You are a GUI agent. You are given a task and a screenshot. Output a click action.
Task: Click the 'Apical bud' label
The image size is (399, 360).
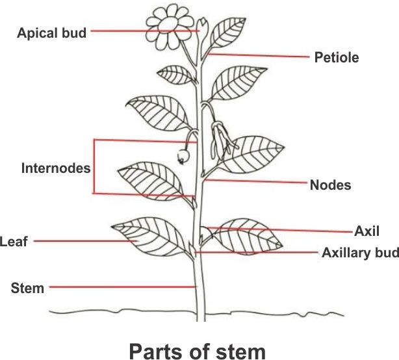click(51, 32)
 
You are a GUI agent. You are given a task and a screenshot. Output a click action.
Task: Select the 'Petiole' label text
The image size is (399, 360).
click(337, 57)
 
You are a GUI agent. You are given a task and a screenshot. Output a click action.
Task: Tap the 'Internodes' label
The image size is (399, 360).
click(55, 168)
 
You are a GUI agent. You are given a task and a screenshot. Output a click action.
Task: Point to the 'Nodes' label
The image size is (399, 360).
click(330, 185)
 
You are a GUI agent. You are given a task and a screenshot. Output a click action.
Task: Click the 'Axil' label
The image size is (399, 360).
click(367, 231)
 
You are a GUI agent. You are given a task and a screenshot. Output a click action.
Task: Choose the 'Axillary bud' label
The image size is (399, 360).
click(360, 253)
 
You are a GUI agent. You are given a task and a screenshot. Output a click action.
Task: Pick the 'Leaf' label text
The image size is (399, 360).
click(13, 241)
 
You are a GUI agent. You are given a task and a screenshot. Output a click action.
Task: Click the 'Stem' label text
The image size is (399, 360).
click(28, 287)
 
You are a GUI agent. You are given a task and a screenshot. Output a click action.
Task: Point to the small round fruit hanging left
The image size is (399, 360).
click(183, 157)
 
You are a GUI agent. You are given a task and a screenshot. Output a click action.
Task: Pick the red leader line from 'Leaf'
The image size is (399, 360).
click(84, 241)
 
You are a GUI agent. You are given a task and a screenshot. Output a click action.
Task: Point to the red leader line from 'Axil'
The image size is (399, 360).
click(279, 229)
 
